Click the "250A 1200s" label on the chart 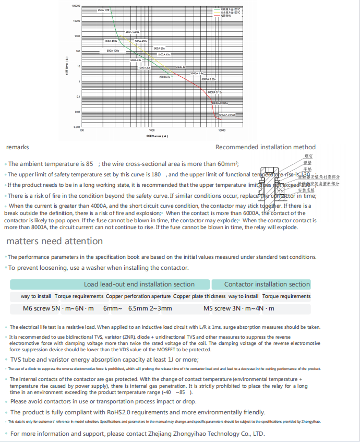pos(132,32)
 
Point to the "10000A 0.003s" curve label pos(227,114)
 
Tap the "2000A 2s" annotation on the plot pos(165,77)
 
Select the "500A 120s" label pos(113,51)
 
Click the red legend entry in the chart pos(225,16)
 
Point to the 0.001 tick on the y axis pos(76,127)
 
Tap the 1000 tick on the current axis pos(152,130)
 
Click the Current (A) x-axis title pos(157,136)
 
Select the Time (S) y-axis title pos(67,67)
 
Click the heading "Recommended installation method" pos(265,147)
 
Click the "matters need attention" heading pos(54,241)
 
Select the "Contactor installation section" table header pos(267,284)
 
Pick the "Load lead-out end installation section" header pos(139,284)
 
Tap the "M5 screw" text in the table pos(215,308)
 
